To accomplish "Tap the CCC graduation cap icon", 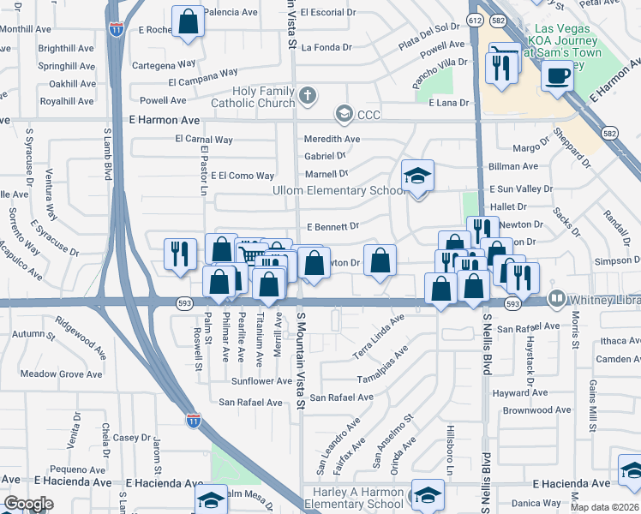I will (x=344, y=113).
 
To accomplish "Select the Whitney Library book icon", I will (x=557, y=299).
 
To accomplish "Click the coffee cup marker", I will (x=557, y=76).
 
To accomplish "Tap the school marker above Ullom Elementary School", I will (x=417, y=176).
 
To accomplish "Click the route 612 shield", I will (x=475, y=19).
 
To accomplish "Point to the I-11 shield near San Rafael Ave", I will (x=194, y=420).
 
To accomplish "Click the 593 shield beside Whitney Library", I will (x=512, y=303).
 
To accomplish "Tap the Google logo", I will (x=28, y=504).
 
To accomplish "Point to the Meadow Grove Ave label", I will (x=62, y=374).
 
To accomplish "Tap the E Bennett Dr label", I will (x=332, y=227).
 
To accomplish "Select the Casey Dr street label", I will (x=133, y=438).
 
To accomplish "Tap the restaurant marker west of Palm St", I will (x=179, y=254).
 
